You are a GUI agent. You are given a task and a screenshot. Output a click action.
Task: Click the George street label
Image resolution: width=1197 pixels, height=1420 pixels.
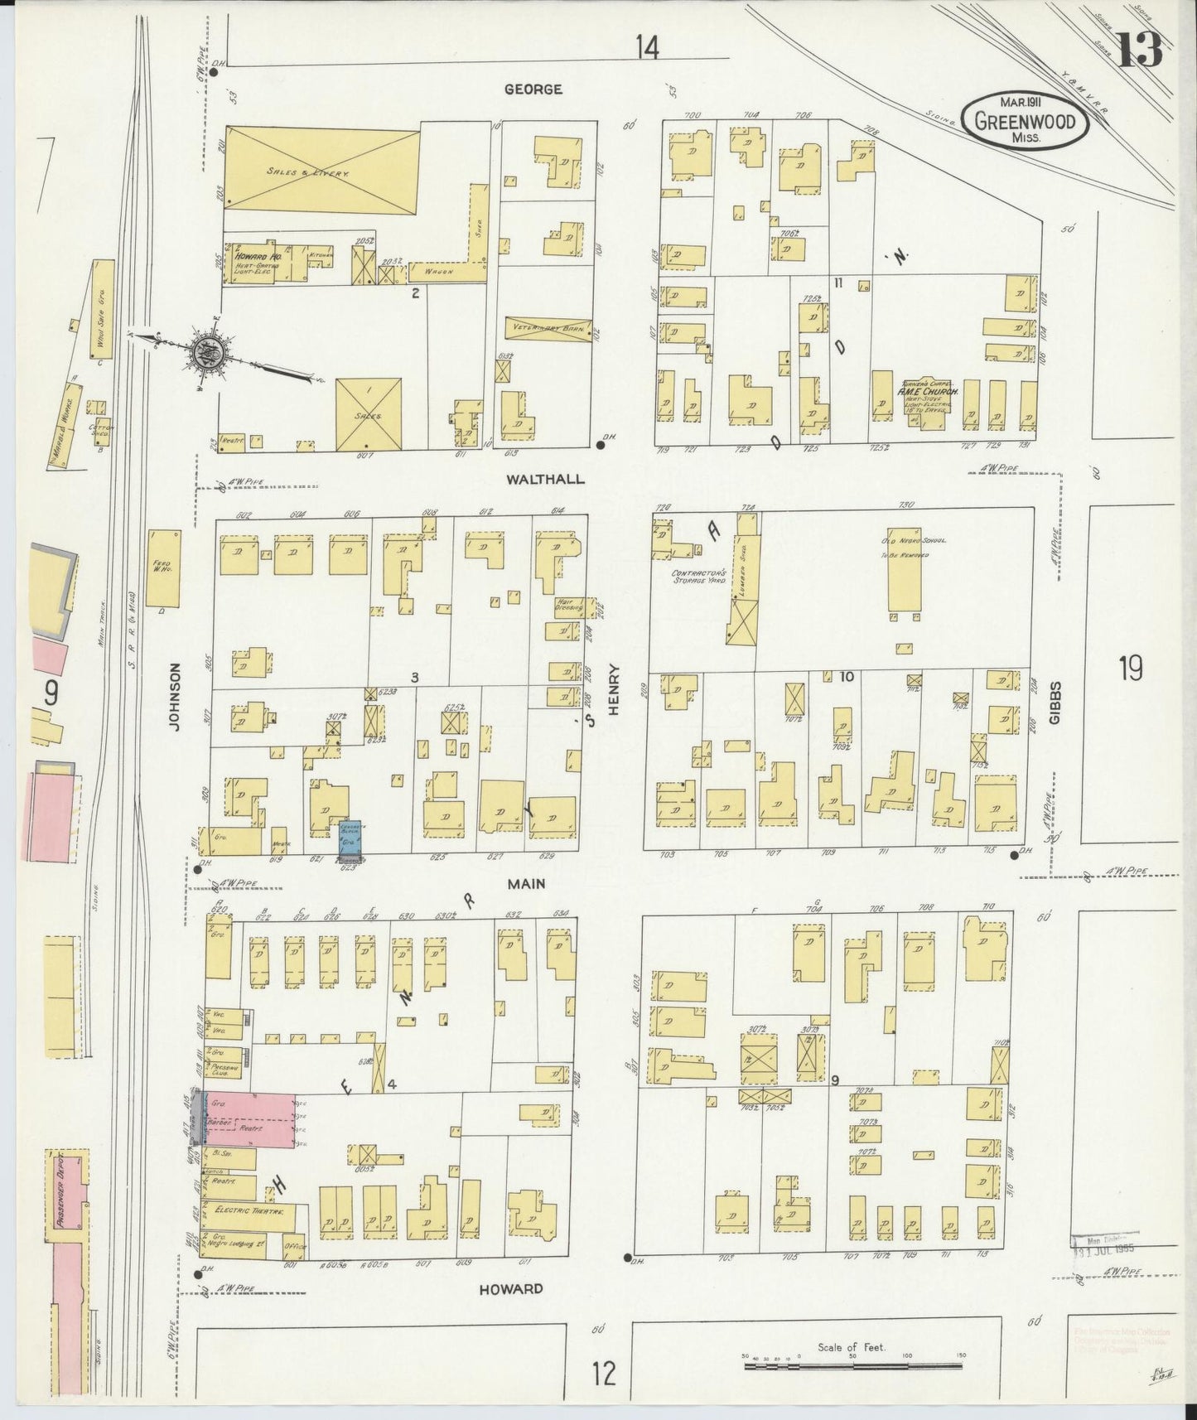534,89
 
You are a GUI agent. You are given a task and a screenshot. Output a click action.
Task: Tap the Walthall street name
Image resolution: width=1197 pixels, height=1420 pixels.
547,479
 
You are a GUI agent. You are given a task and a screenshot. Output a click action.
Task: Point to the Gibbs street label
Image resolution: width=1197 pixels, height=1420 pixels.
1055,708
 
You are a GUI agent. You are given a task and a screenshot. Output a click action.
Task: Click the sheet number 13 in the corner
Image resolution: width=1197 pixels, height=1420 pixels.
1139,51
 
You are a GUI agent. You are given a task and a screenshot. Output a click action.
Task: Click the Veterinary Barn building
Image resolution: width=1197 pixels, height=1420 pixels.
548,328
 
